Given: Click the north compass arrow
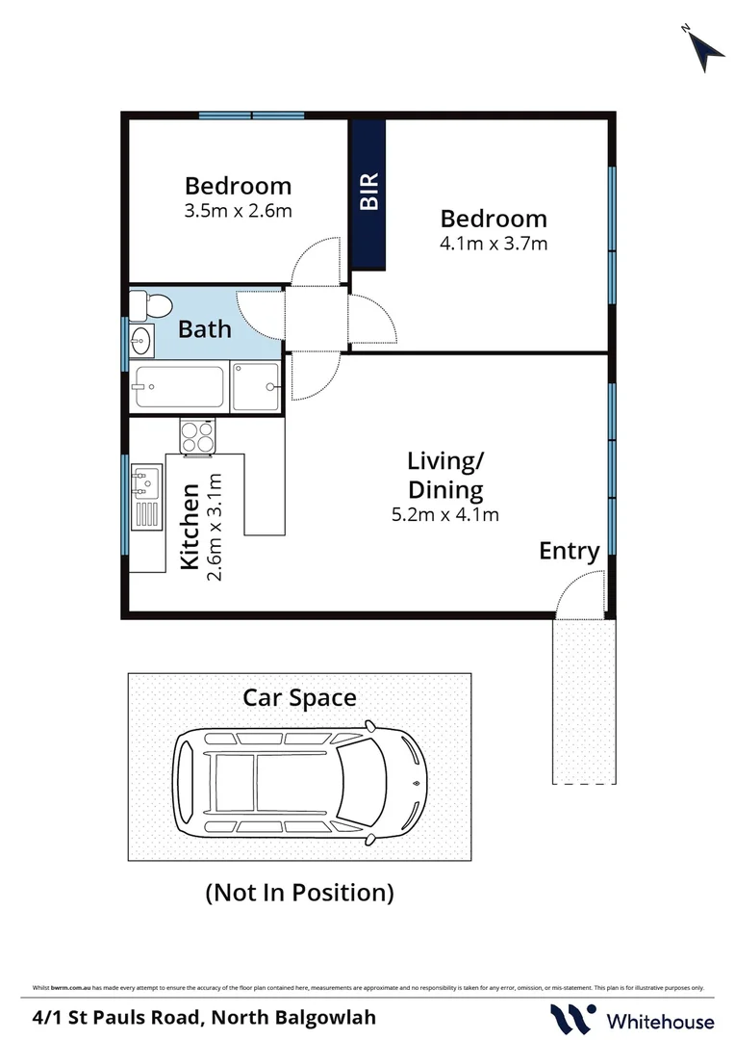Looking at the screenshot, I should pyautogui.click(x=707, y=47).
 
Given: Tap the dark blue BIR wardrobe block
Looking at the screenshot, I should pyautogui.click(x=368, y=194).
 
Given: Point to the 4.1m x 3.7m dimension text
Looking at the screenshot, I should pyautogui.click(x=493, y=244).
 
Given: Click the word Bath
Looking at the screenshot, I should pyautogui.click(x=205, y=329).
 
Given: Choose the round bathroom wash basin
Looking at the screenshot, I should pyautogui.click(x=140, y=339).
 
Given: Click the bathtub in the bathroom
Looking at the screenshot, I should pyautogui.click(x=180, y=387).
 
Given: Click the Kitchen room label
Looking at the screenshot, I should pyautogui.click(x=190, y=527).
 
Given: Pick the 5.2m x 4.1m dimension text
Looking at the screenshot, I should pyautogui.click(x=444, y=514).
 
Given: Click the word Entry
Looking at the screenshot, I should pyautogui.click(x=569, y=551).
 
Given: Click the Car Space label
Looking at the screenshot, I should pyautogui.click(x=299, y=697).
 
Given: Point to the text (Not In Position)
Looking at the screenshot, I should pyautogui.click(x=299, y=893).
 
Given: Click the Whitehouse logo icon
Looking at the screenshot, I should pyautogui.click(x=570, y=1019).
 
